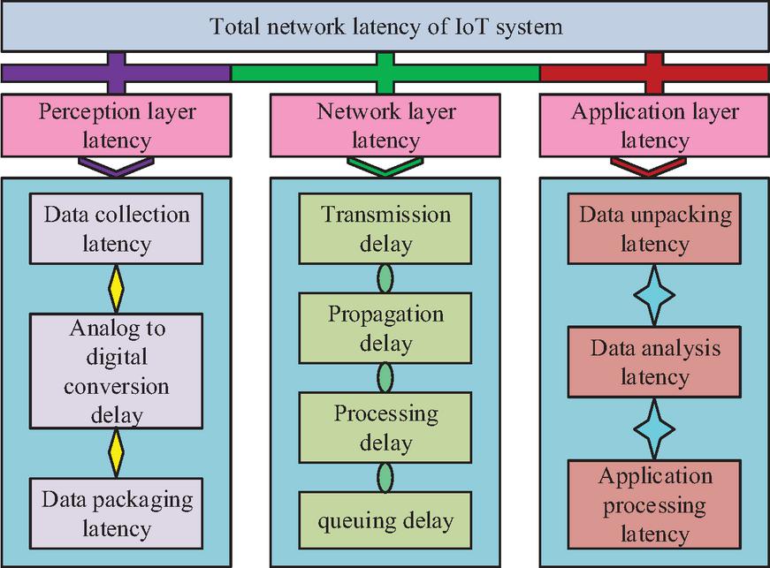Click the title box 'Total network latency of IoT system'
pos(385,27)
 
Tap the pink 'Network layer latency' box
pos(385,126)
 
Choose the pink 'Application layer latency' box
pos(654,126)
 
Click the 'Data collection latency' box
pos(116,229)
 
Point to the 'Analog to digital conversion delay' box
pos(116,371)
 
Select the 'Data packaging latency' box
pos(116,514)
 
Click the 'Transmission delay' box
pos(385,229)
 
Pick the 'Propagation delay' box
pos(385,329)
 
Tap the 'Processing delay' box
pos(385,428)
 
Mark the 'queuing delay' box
pos(385,520)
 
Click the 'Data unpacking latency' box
pos(654,229)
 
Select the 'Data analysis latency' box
pos(654,362)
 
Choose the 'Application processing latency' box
pos(654,505)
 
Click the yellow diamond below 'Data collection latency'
pos(116,286)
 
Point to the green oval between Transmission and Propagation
pos(385,278)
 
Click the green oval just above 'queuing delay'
pos(385,478)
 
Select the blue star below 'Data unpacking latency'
pos(654,296)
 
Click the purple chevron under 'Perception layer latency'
pos(116,165)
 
